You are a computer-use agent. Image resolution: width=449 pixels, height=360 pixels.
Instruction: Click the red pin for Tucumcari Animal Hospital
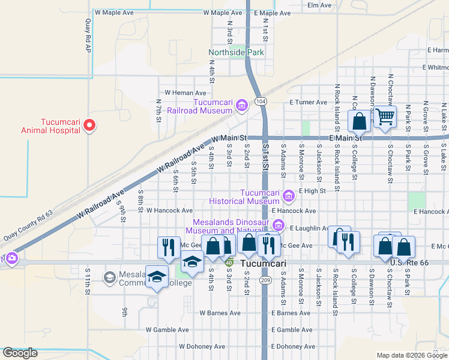[89, 125]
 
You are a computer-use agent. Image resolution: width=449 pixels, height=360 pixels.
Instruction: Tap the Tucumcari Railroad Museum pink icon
[242, 106]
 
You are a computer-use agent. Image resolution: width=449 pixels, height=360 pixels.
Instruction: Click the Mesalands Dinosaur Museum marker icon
[278, 226]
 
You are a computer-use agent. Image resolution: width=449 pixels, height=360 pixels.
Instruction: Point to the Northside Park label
[237, 53]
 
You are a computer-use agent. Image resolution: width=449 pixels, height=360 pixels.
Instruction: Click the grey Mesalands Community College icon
[110, 277]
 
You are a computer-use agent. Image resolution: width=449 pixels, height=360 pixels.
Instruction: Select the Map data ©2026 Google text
[411, 355]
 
